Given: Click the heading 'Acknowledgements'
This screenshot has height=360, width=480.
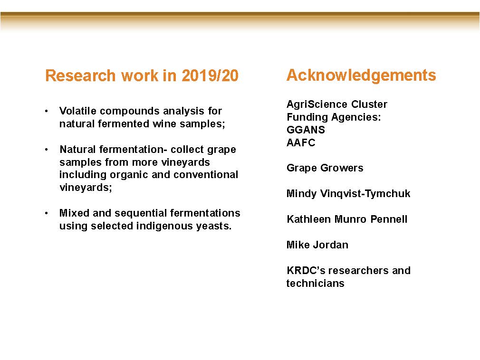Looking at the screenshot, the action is tap(361, 76).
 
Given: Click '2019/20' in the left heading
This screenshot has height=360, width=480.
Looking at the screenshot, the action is tap(210, 76).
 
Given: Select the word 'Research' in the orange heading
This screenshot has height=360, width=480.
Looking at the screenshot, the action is tap(80, 76).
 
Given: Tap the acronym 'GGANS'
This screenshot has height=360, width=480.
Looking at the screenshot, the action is tap(306, 130).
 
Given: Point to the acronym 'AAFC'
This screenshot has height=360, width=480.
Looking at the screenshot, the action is tap(301, 142).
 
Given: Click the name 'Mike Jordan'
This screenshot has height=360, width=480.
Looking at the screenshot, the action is tap(317, 245).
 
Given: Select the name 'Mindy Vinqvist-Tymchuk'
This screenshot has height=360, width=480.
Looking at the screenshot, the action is tap(348, 194).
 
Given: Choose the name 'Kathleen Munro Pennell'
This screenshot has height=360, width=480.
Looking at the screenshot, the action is tap(347, 219).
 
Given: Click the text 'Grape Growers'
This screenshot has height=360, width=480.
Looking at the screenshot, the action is tap(325, 168).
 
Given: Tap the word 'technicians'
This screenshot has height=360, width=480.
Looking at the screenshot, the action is tap(315, 283).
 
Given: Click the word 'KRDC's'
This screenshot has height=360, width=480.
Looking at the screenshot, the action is tap(306, 270).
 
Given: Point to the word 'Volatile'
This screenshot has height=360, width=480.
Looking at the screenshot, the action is tap(78, 111).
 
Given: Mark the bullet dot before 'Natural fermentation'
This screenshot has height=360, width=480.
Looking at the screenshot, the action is tap(46, 150).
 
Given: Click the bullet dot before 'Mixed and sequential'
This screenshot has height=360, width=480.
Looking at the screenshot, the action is tap(46, 213).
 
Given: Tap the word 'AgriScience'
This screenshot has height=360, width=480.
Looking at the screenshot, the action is tap(317, 104).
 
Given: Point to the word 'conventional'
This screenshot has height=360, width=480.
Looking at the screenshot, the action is tap(206, 175).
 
